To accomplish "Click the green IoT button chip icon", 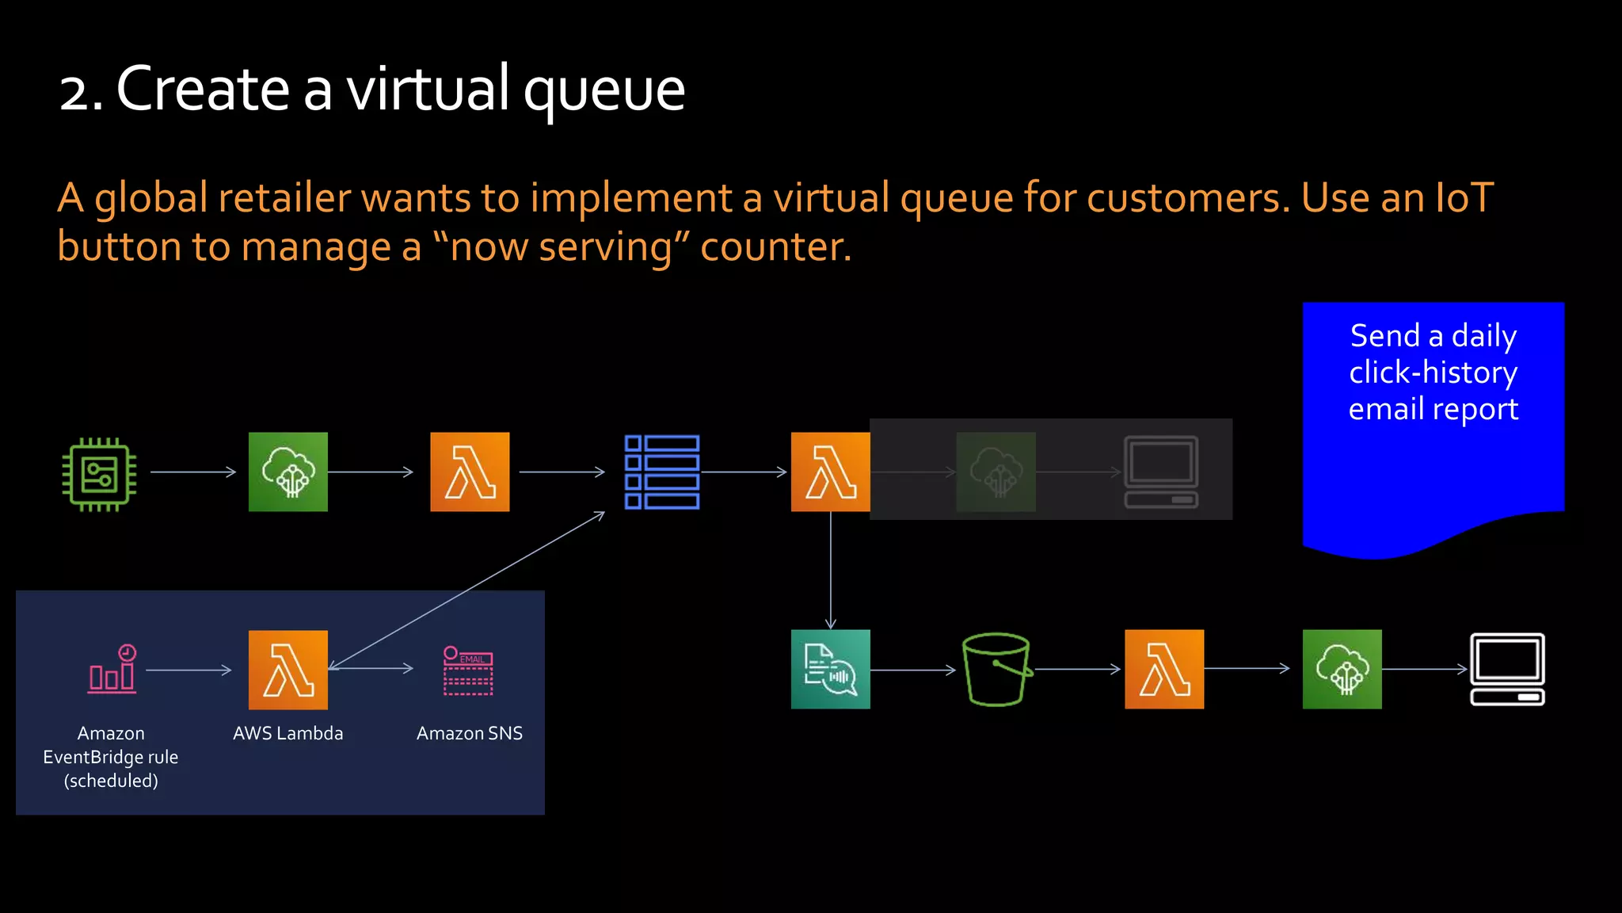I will tap(99, 474).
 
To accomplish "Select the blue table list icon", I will tap(661, 472).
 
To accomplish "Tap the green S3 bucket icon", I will tap(996, 669).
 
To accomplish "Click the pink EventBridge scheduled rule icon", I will tap(112, 670).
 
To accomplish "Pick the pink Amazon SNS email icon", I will tap(468, 670).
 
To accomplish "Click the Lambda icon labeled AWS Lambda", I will tap(287, 670).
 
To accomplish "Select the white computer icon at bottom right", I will tap(1507, 669).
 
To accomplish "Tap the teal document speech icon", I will tap(830, 669).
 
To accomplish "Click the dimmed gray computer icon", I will tap(1160, 472).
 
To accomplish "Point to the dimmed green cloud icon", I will tap(996, 472).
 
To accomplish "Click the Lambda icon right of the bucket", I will tap(1163, 669).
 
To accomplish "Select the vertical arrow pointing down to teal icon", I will tap(830, 571).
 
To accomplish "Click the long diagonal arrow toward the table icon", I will tap(467, 590).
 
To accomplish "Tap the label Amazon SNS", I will tap(469, 733).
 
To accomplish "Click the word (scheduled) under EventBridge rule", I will tap(111, 781).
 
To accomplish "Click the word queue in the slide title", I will tap(603, 90).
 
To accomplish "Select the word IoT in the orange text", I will tap(1464, 197).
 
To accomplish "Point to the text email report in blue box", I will tap(1433, 409).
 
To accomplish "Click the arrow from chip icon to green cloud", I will tap(192, 472).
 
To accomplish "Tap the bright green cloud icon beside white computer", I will tap(1342, 669).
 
